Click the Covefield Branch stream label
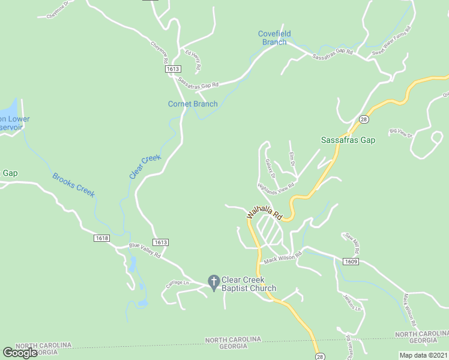[274, 38]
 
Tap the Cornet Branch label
[193, 104]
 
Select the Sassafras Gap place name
[348, 140]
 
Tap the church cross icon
[213, 281]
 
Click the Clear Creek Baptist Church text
[249, 284]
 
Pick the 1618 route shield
[101, 238]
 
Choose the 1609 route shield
[351, 262]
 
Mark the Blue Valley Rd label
[145, 250]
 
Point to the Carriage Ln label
[178, 283]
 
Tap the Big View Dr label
[401, 133]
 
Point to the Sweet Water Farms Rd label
[391, 41]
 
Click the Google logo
[20, 353]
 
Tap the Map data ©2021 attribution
[424, 355]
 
